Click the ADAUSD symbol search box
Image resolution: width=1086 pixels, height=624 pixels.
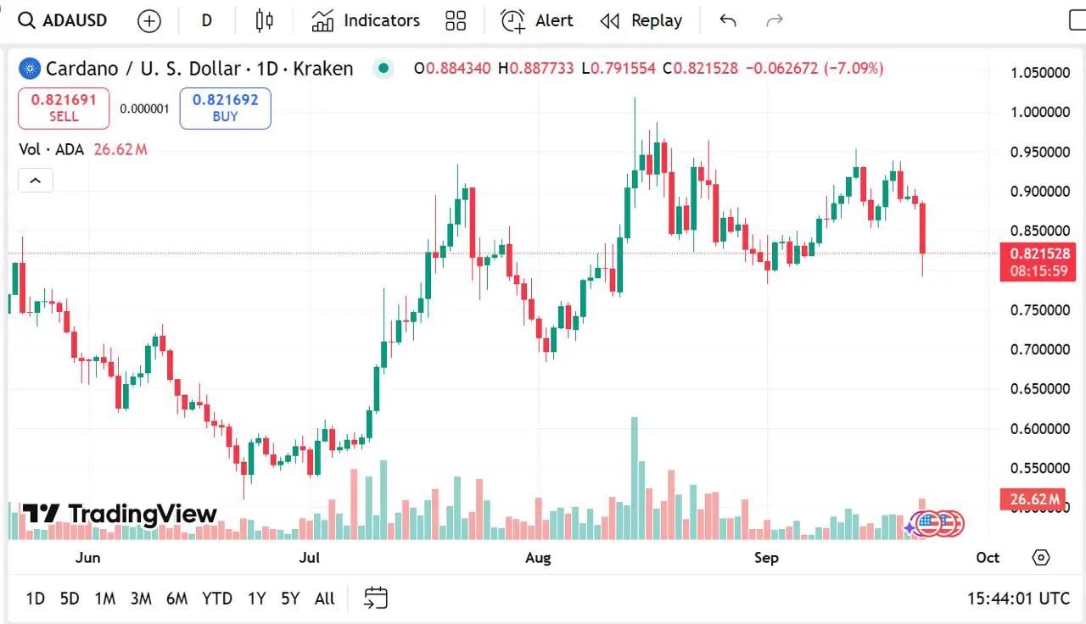[x=64, y=20]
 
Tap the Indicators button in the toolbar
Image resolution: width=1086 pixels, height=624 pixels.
[x=366, y=20]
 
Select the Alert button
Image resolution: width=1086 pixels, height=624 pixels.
[x=537, y=20]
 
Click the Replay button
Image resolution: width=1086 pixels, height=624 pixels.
[x=641, y=20]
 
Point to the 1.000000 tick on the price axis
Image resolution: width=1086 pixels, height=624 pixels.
[x=1039, y=112]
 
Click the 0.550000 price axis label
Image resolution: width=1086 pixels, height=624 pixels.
[x=1039, y=468]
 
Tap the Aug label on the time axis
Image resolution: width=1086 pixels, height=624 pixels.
[x=538, y=557]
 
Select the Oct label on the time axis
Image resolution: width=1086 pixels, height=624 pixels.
[x=988, y=557]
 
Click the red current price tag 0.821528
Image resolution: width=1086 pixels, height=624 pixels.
[x=1038, y=253]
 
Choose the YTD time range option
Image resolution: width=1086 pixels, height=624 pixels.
[x=217, y=599]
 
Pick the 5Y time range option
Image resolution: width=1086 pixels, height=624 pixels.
[x=290, y=599]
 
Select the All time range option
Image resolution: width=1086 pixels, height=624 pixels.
[x=324, y=599]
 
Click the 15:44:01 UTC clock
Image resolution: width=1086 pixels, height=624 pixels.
[x=1018, y=599]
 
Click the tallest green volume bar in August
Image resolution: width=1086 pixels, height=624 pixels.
[x=634, y=479]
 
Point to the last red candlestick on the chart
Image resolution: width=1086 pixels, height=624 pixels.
[x=922, y=227]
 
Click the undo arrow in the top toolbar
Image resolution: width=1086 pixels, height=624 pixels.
[x=727, y=20]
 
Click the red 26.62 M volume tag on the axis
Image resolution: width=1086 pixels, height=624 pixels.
[x=1031, y=499]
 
